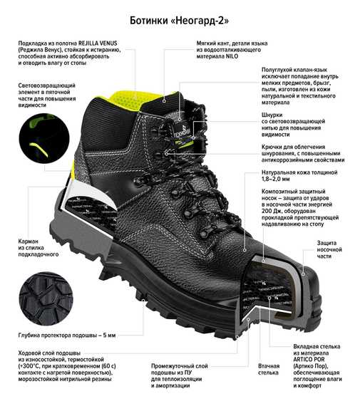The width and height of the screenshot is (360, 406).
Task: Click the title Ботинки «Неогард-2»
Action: click(179, 20)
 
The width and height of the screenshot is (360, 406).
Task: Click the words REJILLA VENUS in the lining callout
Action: click(98, 43)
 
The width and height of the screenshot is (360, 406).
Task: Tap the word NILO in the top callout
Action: click(232, 56)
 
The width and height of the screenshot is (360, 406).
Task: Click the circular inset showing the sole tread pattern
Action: click(46, 299)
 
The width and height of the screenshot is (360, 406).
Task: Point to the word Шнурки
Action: click(272, 115)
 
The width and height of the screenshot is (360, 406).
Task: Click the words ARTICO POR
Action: click(309, 360)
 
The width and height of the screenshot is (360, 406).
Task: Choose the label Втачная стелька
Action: click(269, 369)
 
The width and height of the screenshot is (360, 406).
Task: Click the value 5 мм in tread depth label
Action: click(109, 335)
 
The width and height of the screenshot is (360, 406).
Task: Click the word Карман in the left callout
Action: click(29, 241)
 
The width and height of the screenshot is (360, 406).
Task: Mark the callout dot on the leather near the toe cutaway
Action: click(245, 251)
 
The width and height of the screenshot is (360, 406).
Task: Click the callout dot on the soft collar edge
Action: click(164, 101)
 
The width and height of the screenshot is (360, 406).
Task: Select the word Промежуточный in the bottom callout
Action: click(180, 366)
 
